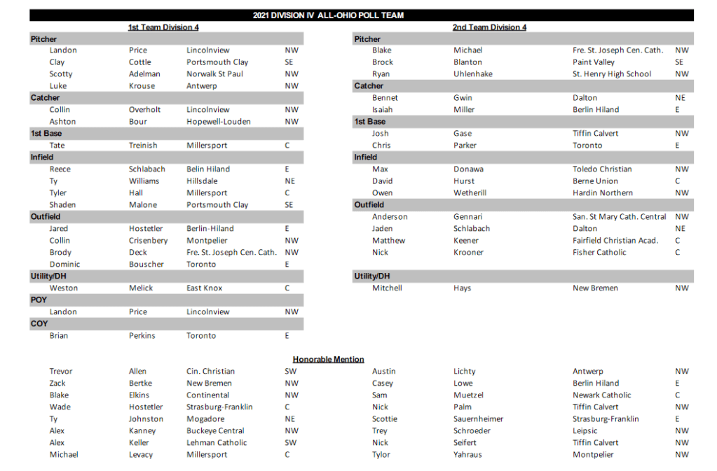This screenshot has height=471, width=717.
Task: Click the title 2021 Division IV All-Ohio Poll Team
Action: click(x=327, y=15)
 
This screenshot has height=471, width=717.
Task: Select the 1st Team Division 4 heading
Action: click(x=163, y=27)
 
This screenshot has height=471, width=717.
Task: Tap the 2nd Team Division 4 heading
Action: click(x=489, y=27)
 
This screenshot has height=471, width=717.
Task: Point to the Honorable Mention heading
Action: click(x=328, y=359)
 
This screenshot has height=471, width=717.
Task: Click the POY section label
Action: click(x=39, y=300)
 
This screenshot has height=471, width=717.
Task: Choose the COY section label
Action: click(x=39, y=323)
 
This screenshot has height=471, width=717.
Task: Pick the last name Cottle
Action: click(x=140, y=62)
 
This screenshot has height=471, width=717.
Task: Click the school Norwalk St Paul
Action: click(x=215, y=74)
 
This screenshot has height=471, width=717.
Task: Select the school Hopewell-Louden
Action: click(x=219, y=122)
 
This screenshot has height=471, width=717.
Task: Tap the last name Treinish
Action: click(x=143, y=146)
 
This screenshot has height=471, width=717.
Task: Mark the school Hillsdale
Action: click(x=203, y=181)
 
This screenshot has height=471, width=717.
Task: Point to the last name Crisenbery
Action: click(x=149, y=241)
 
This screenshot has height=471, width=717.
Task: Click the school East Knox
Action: click(x=205, y=288)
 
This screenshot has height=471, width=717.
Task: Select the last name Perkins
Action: click(x=142, y=336)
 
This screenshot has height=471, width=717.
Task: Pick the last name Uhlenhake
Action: click(x=473, y=74)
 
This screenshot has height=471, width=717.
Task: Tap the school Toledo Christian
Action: click(x=602, y=169)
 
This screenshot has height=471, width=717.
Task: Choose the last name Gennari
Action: click(x=468, y=217)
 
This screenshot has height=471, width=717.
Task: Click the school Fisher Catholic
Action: click(x=599, y=253)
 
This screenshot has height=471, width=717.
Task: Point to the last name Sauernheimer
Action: click(x=478, y=419)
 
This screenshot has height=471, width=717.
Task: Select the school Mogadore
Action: click(x=205, y=419)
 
